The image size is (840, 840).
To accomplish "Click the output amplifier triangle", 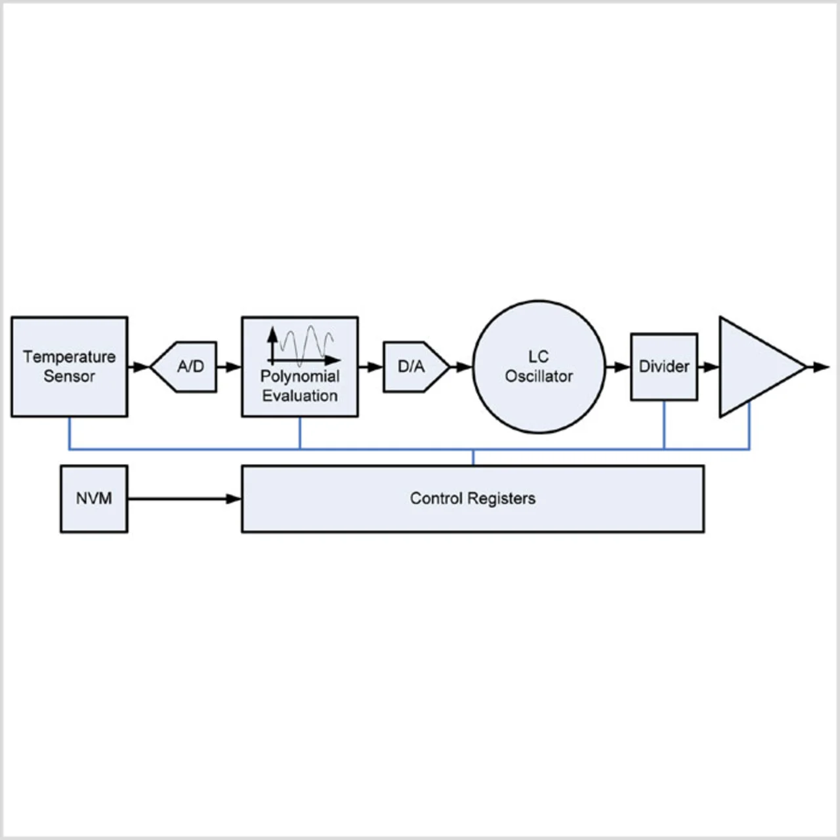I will [x=755, y=367].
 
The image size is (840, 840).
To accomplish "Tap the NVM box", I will [x=94, y=499].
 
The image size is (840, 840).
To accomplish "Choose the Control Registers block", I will [x=472, y=515].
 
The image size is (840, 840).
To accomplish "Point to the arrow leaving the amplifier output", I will [x=819, y=367].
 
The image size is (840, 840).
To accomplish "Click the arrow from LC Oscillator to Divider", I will [x=618, y=367].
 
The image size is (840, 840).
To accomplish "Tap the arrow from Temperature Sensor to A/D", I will [x=138, y=367].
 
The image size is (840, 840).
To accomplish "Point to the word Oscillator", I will [x=539, y=377].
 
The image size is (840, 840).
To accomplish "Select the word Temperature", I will [x=69, y=357].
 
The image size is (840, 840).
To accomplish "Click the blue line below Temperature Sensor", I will [x=70, y=433].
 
